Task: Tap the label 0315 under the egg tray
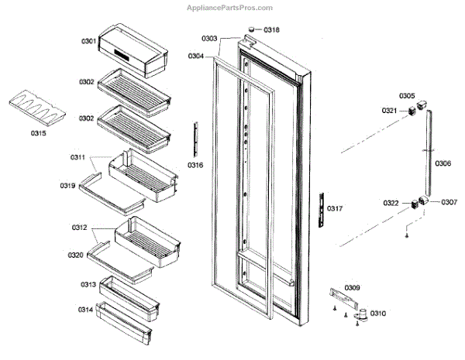[38, 133]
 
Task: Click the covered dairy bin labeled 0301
[136, 50]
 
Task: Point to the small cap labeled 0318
[250, 29]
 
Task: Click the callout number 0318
[271, 29]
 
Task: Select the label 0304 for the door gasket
[197, 56]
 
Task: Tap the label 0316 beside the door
[196, 165]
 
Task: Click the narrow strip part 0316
[196, 138]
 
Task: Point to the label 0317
[334, 208]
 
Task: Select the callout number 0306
[443, 163]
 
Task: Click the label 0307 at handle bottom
[449, 203]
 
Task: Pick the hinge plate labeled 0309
[344, 297]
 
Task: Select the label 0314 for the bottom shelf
[86, 310]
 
